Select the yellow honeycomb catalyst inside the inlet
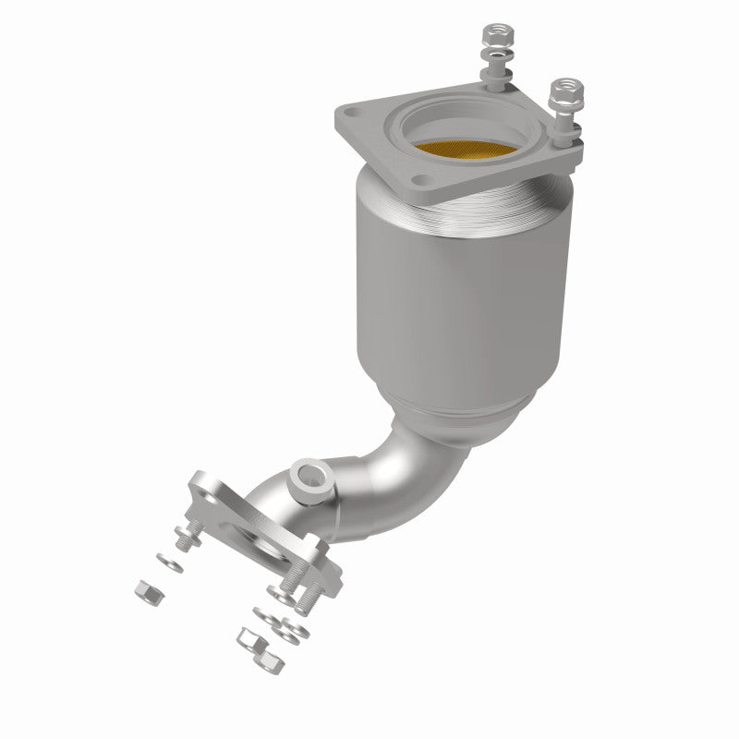[x=466, y=149]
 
